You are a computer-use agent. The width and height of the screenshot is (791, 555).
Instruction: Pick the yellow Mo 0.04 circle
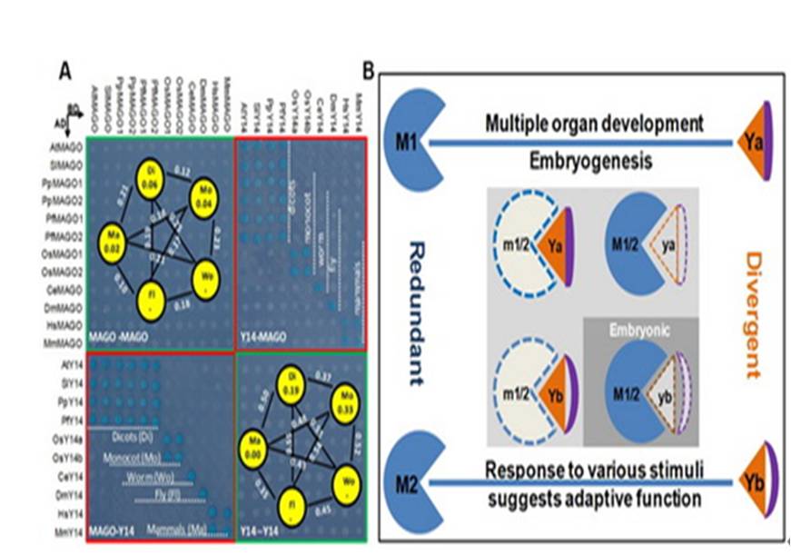[x=203, y=197]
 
